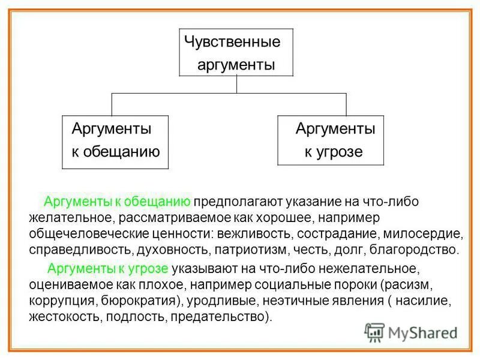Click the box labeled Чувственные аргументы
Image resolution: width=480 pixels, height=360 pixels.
coord(236,52)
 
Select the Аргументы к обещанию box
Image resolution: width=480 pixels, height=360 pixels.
coord(116,140)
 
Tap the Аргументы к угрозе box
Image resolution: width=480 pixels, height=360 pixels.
coord(330,139)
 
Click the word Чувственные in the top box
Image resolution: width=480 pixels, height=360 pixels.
coord(232,43)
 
